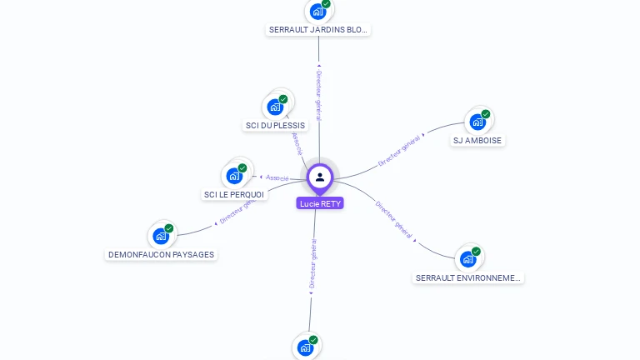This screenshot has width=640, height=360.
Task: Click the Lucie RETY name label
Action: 320,203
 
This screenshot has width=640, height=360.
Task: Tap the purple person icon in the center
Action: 320,177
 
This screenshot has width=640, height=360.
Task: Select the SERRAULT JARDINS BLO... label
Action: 318,29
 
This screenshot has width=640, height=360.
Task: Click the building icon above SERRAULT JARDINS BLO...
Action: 317,12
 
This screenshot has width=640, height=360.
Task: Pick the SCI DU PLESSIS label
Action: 276,126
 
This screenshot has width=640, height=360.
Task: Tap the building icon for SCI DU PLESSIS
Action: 274,107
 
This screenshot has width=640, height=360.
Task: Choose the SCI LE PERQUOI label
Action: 234,195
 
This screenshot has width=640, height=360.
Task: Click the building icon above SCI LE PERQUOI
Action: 234,176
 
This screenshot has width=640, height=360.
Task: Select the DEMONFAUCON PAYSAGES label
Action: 162,254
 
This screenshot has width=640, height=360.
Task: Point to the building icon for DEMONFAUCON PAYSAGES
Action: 161,237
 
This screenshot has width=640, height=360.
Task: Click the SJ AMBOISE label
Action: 477,141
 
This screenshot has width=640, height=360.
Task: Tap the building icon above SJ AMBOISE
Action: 477,122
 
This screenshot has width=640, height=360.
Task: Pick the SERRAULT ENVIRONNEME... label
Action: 469,277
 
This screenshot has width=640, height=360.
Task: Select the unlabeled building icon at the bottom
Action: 305,347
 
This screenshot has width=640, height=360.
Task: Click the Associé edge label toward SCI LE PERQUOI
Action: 277,178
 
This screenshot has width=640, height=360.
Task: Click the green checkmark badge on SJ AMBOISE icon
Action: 486,114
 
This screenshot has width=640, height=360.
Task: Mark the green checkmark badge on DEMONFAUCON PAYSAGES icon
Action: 169,228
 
